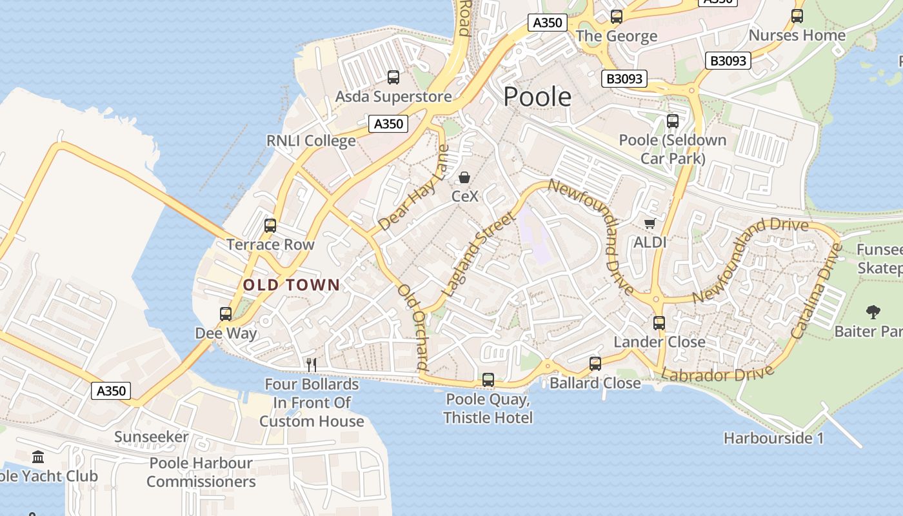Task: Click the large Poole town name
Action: coord(537,97)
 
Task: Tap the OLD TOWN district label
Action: coord(291,284)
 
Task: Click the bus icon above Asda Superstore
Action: coord(393,77)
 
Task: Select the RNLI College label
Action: coord(311,141)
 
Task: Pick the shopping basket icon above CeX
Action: coord(464,177)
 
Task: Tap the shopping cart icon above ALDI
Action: coord(650,224)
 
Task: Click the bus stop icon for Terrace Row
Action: coord(270,226)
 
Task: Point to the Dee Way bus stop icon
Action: coord(226,314)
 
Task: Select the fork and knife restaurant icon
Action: coord(311,365)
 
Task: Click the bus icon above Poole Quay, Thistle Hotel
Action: coord(488,380)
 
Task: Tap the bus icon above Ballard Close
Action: coord(595,364)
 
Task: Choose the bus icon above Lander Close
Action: coord(659,323)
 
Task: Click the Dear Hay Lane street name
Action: coord(413,188)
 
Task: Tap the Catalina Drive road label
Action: coord(817,291)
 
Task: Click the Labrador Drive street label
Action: coord(717,374)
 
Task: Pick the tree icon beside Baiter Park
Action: coord(873,313)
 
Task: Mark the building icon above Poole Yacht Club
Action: coord(38,457)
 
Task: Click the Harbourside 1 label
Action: coord(773,438)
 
